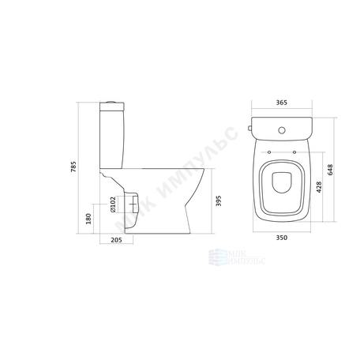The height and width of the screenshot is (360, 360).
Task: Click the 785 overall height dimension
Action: [73, 167]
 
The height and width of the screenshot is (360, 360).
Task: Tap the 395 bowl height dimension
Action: [219, 201]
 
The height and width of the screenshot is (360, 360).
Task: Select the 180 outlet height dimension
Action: [88, 219]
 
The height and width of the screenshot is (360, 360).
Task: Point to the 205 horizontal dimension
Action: [116, 240]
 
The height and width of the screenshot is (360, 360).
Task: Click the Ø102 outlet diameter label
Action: [113, 204]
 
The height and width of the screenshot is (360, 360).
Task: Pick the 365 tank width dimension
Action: [282, 103]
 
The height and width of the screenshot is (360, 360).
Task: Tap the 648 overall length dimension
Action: [330, 170]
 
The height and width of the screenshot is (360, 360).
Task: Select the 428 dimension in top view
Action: [319, 187]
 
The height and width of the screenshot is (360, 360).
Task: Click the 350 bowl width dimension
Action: [282, 238]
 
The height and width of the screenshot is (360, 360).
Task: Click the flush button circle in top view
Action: [282, 130]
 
